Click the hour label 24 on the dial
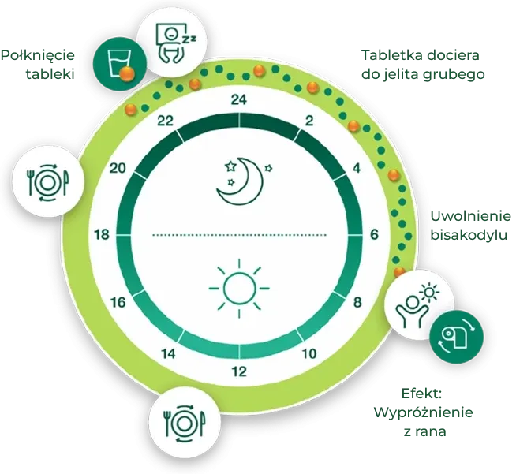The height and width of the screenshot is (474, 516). click(x=239, y=99)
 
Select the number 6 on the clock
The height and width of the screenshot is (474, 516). click(x=374, y=234)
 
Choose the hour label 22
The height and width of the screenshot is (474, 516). click(x=164, y=121)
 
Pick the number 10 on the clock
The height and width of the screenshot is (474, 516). click(x=311, y=353)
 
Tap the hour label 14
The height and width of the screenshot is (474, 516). click(x=168, y=353)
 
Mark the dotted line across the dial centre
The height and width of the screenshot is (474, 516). click(x=239, y=234)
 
